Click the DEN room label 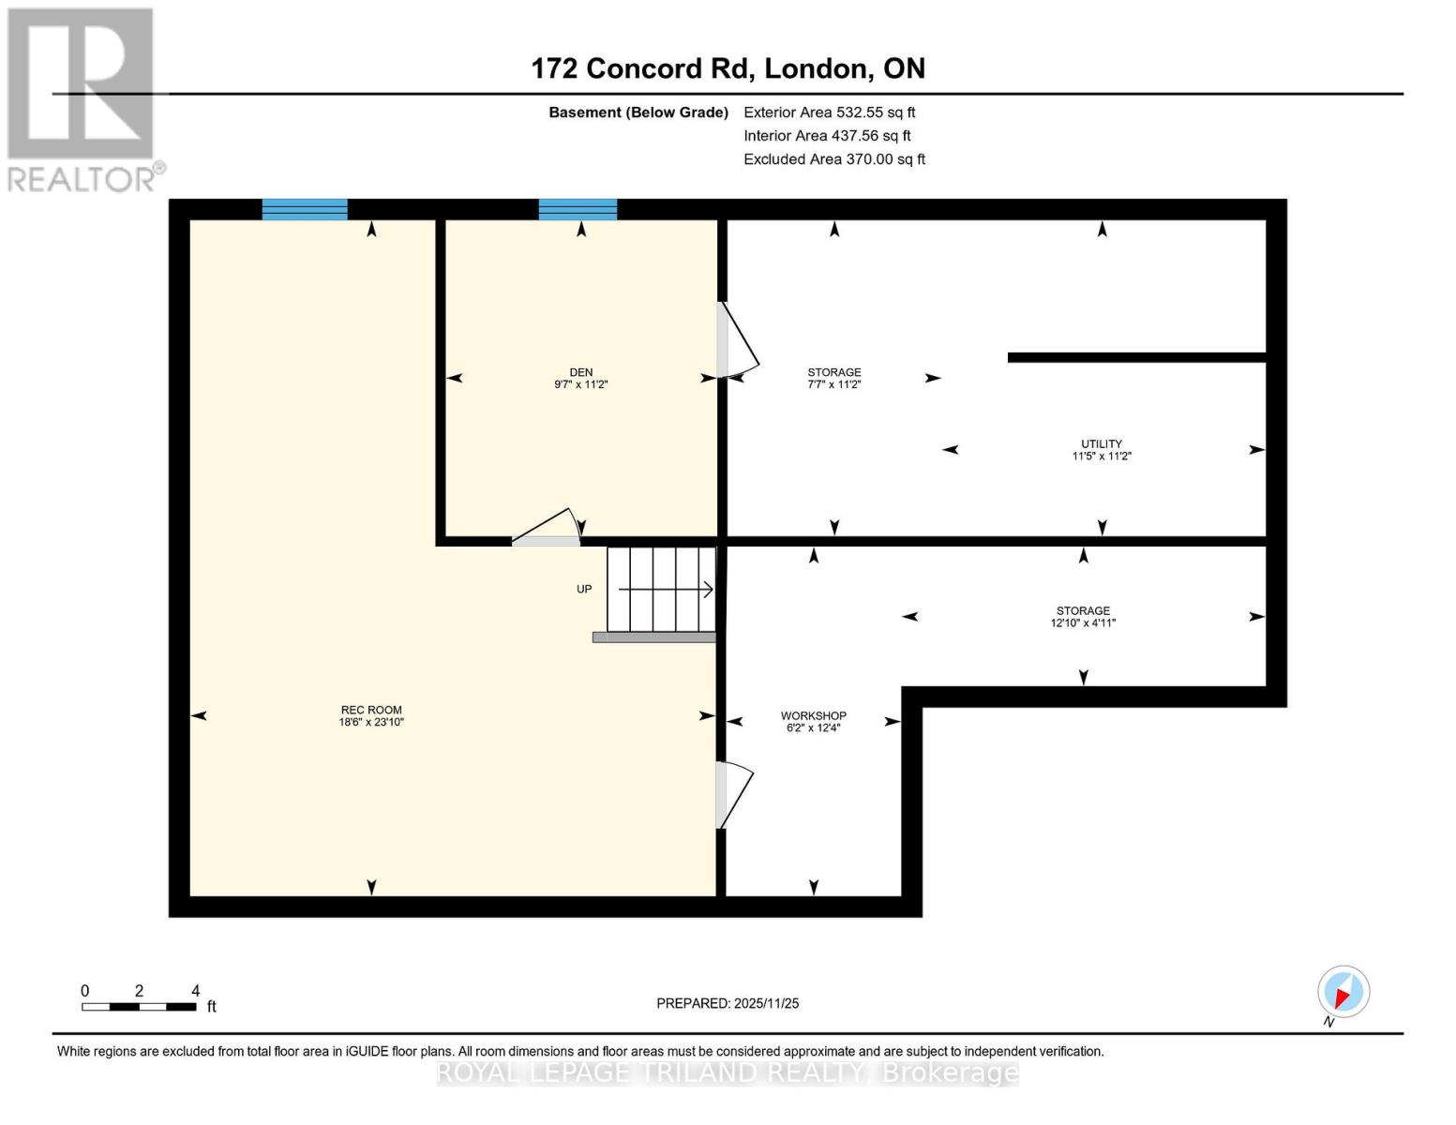point(580,372)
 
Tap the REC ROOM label point(371,710)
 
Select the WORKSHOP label point(813,715)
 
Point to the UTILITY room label point(1102,443)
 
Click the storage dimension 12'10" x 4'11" point(1083,622)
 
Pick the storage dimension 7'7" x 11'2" point(833,384)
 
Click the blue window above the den point(578,209)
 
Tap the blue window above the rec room point(305,209)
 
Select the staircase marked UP point(661,590)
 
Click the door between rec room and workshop point(733,795)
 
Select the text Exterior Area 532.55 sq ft point(829,112)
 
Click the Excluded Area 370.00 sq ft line point(833,159)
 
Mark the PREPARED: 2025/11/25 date point(728,1003)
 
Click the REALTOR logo point(83,98)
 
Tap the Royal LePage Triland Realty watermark point(728,1072)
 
